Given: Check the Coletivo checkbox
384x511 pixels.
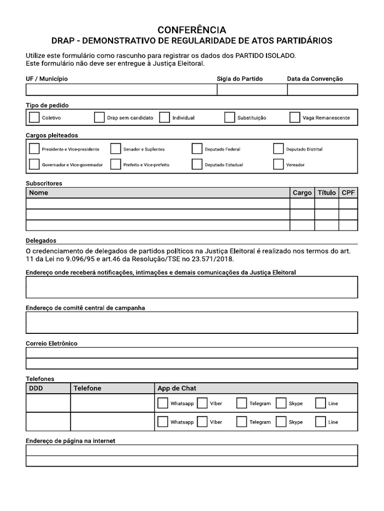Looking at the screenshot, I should point(34,118).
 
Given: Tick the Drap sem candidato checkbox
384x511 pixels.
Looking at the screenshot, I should point(99,118).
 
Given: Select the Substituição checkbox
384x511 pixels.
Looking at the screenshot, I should point(229,118).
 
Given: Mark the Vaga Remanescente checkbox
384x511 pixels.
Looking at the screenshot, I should point(294,118).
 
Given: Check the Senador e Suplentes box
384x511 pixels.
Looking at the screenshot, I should point(115,149).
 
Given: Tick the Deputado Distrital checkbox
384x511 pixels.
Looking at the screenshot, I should point(278,149).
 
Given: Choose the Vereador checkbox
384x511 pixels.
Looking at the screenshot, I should point(278,164).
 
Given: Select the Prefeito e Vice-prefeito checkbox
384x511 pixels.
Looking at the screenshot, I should point(115,164).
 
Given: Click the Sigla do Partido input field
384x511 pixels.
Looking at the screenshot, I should point(252,90).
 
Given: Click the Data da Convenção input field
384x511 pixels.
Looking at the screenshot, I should point(322,90).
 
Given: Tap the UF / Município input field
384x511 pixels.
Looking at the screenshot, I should point(121,90).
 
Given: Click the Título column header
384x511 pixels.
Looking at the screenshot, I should point(326,193).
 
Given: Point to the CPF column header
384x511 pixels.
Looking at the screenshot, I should point(348,193).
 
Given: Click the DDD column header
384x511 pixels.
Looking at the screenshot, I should point(36,388).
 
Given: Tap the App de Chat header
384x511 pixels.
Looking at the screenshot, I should point(176,388).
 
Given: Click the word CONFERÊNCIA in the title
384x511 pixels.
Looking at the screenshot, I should point(192,30).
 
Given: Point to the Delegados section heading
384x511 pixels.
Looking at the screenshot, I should point(41,241).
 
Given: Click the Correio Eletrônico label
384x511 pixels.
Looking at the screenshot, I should point(51,343).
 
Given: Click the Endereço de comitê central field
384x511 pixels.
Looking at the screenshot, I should point(192,322).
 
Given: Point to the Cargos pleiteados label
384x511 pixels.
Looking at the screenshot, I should point(52,135).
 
